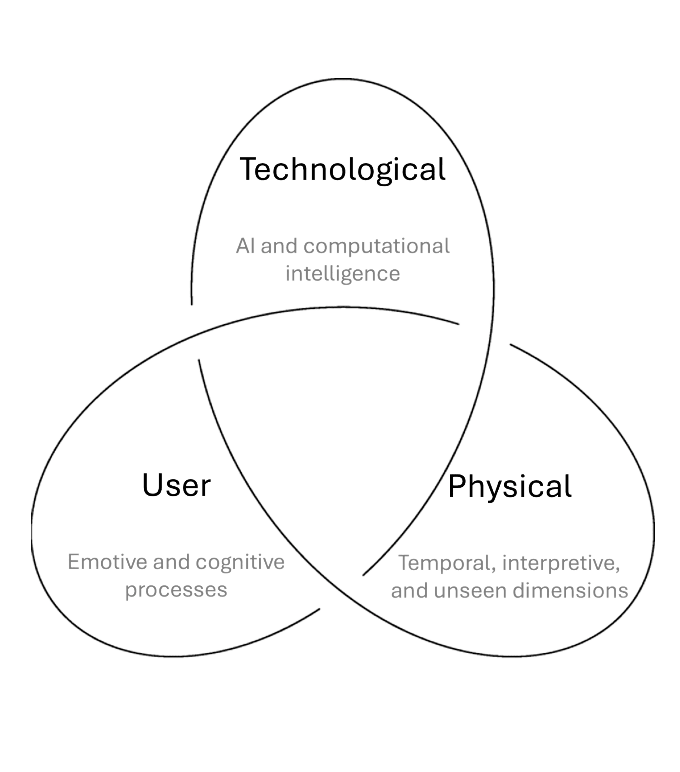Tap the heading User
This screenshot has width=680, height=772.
pos(176,486)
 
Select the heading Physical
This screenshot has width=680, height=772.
pos(509,486)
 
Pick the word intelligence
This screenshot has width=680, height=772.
pos(343,274)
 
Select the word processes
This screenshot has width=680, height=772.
pos(176,590)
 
